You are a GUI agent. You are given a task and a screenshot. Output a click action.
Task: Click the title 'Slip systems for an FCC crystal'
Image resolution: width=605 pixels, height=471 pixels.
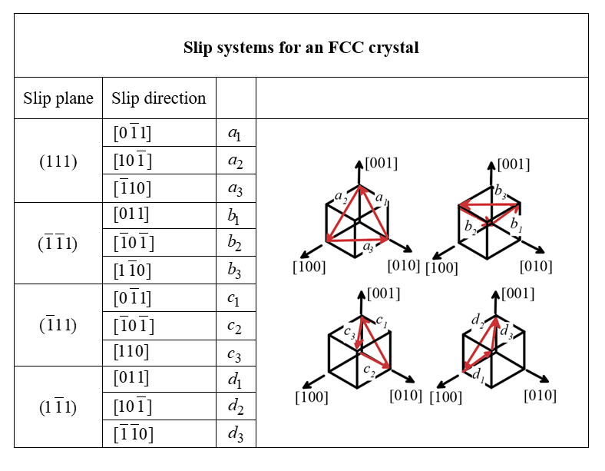click(301, 48)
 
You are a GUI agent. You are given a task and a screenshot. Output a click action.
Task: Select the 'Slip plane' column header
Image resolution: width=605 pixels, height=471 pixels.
click(58, 98)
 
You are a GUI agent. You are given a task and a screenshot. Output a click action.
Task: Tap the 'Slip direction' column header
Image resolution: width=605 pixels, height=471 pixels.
click(159, 98)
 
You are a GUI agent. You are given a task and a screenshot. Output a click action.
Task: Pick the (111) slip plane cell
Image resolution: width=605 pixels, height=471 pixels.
click(58, 161)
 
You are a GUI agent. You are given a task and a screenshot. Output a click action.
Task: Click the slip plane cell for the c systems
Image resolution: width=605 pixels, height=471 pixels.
click(58, 325)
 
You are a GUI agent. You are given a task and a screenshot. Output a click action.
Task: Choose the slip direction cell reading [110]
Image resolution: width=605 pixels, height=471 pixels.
click(131, 352)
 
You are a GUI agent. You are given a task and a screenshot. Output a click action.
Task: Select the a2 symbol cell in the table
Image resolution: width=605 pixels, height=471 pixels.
click(236, 161)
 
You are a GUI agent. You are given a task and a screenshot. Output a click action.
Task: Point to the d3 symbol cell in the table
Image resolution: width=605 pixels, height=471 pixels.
click(236, 434)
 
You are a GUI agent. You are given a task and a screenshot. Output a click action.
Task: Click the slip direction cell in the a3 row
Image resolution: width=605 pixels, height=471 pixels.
click(132, 189)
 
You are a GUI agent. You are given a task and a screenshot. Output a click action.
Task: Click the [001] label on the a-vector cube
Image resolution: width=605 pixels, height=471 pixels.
click(382, 163)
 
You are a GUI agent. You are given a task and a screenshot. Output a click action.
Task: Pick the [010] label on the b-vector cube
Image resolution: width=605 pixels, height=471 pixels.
click(536, 267)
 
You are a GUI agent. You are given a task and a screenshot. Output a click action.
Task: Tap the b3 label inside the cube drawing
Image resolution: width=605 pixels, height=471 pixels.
click(500, 191)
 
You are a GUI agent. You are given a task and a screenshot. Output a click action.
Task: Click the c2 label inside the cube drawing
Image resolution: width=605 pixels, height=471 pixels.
click(369, 371)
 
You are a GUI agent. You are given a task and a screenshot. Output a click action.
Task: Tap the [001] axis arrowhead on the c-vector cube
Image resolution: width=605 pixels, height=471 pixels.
click(361, 294)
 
